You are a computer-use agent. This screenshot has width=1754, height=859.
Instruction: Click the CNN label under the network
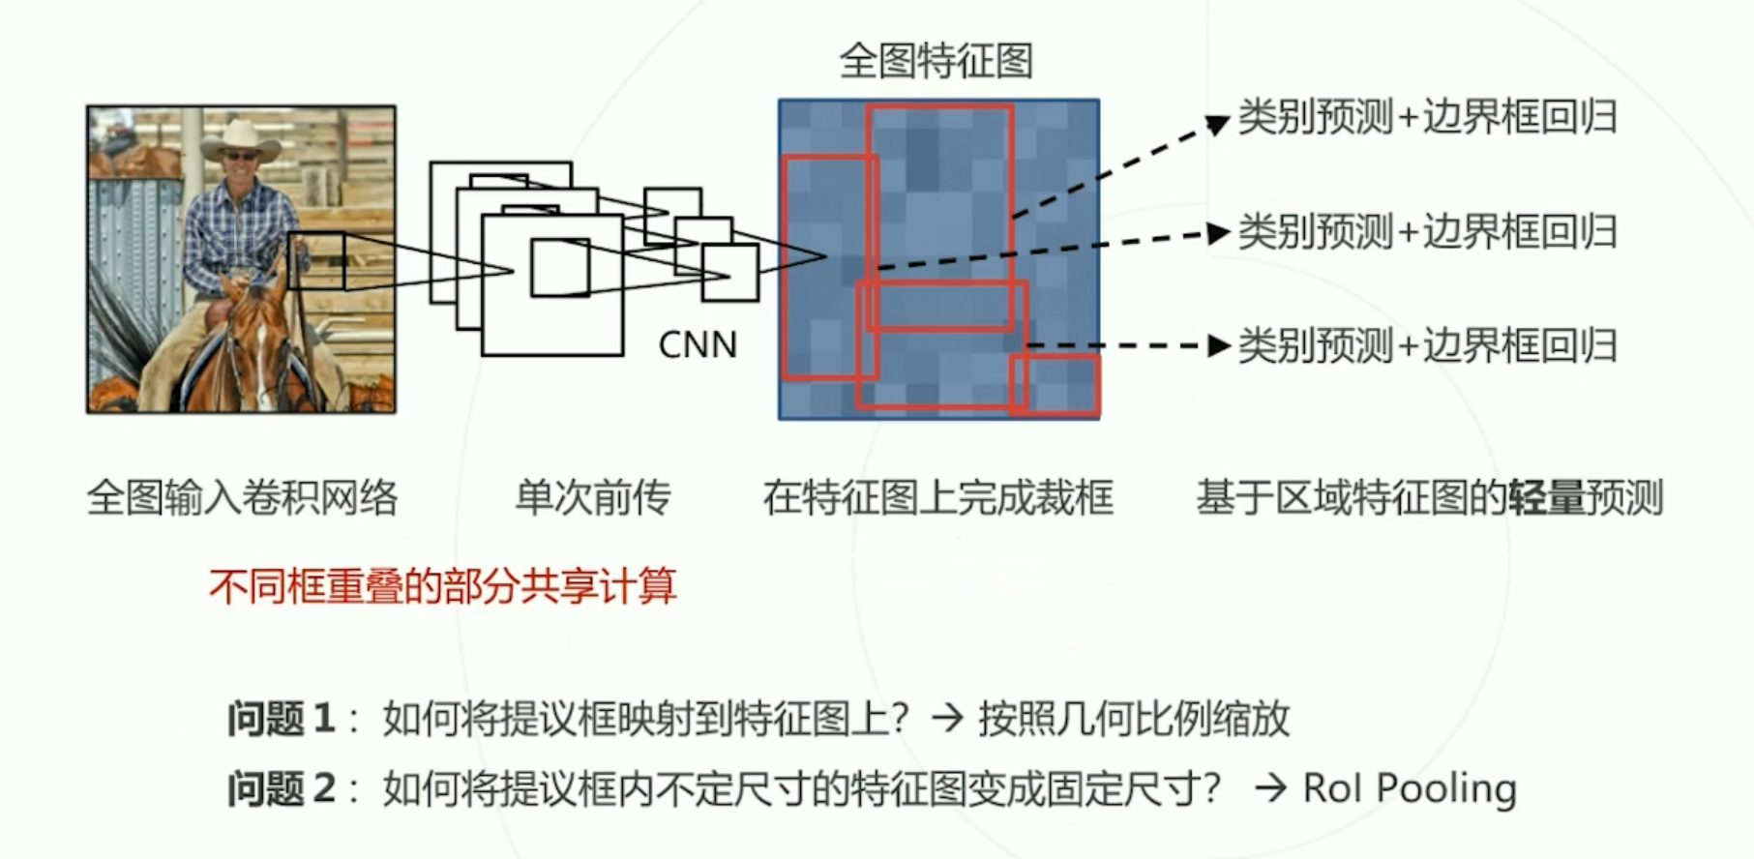tap(698, 345)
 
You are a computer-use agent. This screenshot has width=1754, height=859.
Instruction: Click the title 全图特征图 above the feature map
tap(936, 61)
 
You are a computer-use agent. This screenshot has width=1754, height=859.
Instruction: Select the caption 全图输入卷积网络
tap(242, 498)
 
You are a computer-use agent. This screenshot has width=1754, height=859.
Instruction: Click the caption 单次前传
tap(592, 498)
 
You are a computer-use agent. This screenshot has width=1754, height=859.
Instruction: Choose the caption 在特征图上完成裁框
tap(937, 498)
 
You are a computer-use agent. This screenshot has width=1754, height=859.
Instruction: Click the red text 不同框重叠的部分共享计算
tap(442, 586)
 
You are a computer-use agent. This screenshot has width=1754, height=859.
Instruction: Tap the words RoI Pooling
tap(1410, 788)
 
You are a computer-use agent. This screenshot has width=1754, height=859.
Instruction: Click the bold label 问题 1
tap(282, 719)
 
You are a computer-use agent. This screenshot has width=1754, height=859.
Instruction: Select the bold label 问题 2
tap(282, 788)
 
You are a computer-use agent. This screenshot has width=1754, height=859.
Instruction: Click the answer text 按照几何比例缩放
tap(1134, 719)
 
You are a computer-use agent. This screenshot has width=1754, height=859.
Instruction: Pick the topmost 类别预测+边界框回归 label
tap(1427, 118)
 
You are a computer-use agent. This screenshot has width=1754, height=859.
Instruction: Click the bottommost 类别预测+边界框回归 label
tap(1427, 345)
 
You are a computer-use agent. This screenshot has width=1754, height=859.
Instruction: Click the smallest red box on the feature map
tap(1055, 385)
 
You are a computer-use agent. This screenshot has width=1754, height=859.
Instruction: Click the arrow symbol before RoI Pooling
tap(1270, 788)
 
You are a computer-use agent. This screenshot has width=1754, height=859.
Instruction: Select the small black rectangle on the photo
tap(316, 261)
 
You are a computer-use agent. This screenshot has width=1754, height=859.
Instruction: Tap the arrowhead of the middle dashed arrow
tap(1219, 233)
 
